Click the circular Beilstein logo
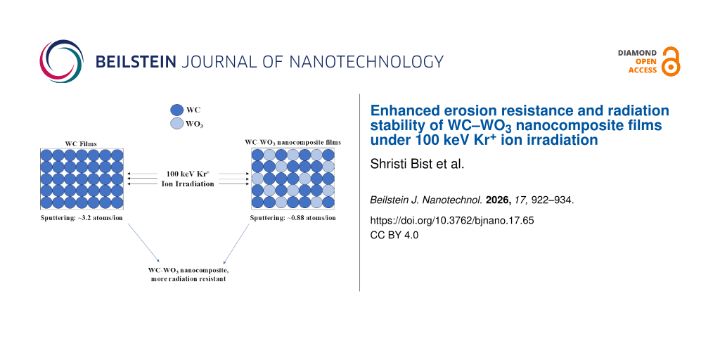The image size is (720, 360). tap(62, 61)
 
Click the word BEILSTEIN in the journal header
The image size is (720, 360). tap(136, 62)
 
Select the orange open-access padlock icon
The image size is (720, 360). tap(671, 61)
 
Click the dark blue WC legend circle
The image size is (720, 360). tap(176, 110)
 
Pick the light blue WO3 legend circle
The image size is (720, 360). tap(176, 123)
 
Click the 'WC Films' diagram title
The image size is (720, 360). tap(82, 143)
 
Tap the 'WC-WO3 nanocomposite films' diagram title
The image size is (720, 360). tap(293, 143)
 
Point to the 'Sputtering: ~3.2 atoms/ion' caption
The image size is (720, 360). tap(82, 218)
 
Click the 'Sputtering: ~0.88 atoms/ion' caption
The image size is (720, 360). tap(292, 218)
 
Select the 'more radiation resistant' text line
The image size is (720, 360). tap(188, 278)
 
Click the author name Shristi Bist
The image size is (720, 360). tap(399, 165)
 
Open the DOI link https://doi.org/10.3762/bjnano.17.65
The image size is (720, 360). tap(452, 220)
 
